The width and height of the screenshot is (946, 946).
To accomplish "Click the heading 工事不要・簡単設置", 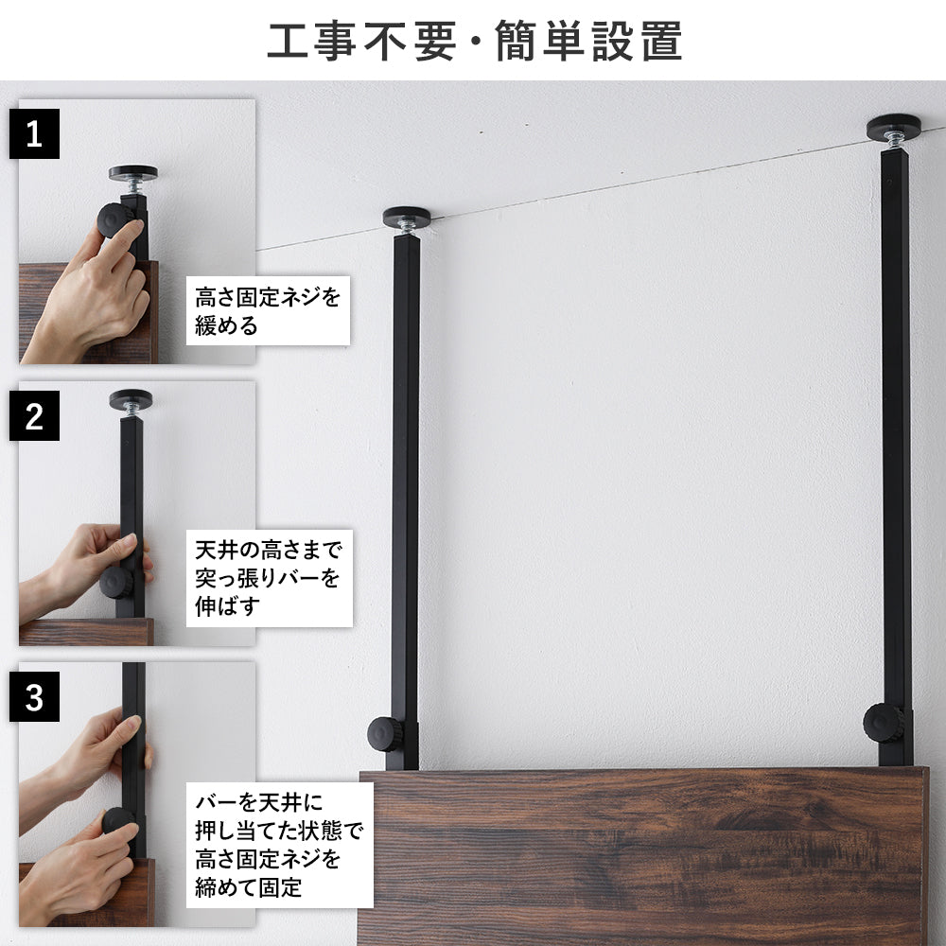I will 474,42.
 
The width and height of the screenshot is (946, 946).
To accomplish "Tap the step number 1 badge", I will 34,133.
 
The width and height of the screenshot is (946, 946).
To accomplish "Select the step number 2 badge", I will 34,416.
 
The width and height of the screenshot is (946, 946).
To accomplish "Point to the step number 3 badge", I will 34,698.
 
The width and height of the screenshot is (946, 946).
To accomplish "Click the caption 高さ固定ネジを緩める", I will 268,311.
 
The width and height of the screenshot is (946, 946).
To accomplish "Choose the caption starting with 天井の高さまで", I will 268,577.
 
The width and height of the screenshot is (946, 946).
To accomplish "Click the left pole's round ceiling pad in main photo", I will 407,217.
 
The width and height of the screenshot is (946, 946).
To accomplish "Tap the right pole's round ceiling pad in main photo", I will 894,125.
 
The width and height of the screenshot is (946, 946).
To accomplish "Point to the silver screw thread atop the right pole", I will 894,140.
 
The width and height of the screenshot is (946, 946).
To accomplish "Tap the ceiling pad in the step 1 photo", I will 132,173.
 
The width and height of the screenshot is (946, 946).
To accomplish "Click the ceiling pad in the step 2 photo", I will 131,399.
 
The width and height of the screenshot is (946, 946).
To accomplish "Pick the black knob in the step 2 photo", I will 116,582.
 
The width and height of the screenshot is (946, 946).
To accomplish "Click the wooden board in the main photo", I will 643,856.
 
